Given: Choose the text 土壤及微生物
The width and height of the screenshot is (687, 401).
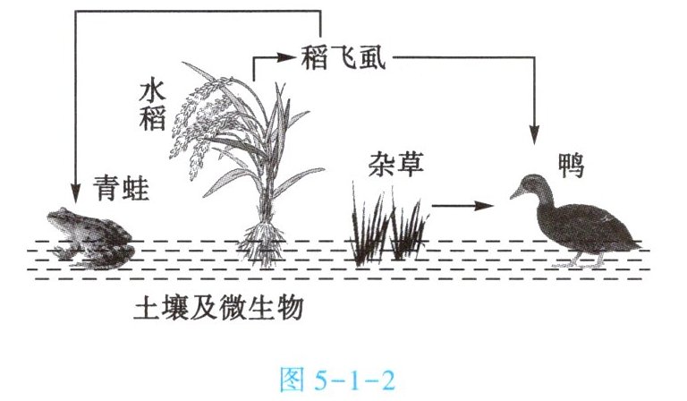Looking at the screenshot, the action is click(x=219, y=309).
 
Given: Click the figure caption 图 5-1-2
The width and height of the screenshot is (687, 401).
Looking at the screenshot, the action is click(x=344, y=380).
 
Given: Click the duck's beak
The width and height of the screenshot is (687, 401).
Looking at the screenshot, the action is click(x=518, y=192).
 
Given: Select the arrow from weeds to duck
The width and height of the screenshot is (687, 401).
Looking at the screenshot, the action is click(x=462, y=206).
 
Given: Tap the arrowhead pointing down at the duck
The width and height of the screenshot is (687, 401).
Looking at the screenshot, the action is click(x=535, y=134).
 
